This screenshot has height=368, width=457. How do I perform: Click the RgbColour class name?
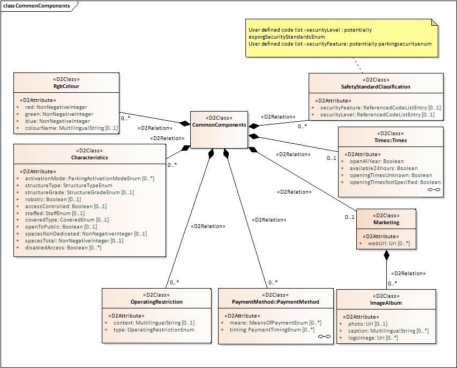pyautogui.click(x=66, y=86)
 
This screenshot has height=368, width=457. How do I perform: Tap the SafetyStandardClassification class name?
pyautogui.click(x=376, y=87)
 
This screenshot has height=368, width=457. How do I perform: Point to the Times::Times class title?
pyautogui.click(x=391, y=140)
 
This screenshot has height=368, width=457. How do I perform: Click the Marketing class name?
pyautogui.click(x=386, y=223)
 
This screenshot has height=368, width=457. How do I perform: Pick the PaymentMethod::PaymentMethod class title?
pyautogui.click(x=275, y=302)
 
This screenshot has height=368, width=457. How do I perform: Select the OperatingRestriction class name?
pyautogui.click(x=156, y=302)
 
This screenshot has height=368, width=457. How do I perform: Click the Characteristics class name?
pyautogui.click(x=89, y=158)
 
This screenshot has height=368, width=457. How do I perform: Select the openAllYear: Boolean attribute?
pyautogui.click(x=377, y=161)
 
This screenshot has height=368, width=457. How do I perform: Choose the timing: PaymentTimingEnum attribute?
pyautogui.click(x=268, y=330)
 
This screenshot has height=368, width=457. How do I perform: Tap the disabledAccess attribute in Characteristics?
pyautogui.click(x=63, y=248)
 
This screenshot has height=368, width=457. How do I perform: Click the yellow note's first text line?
pyautogui.click(x=310, y=30)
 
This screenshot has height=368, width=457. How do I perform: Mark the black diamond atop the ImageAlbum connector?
pyautogui.click(x=386, y=256)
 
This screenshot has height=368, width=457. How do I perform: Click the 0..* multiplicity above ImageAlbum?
pyautogui.click(x=392, y=283)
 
